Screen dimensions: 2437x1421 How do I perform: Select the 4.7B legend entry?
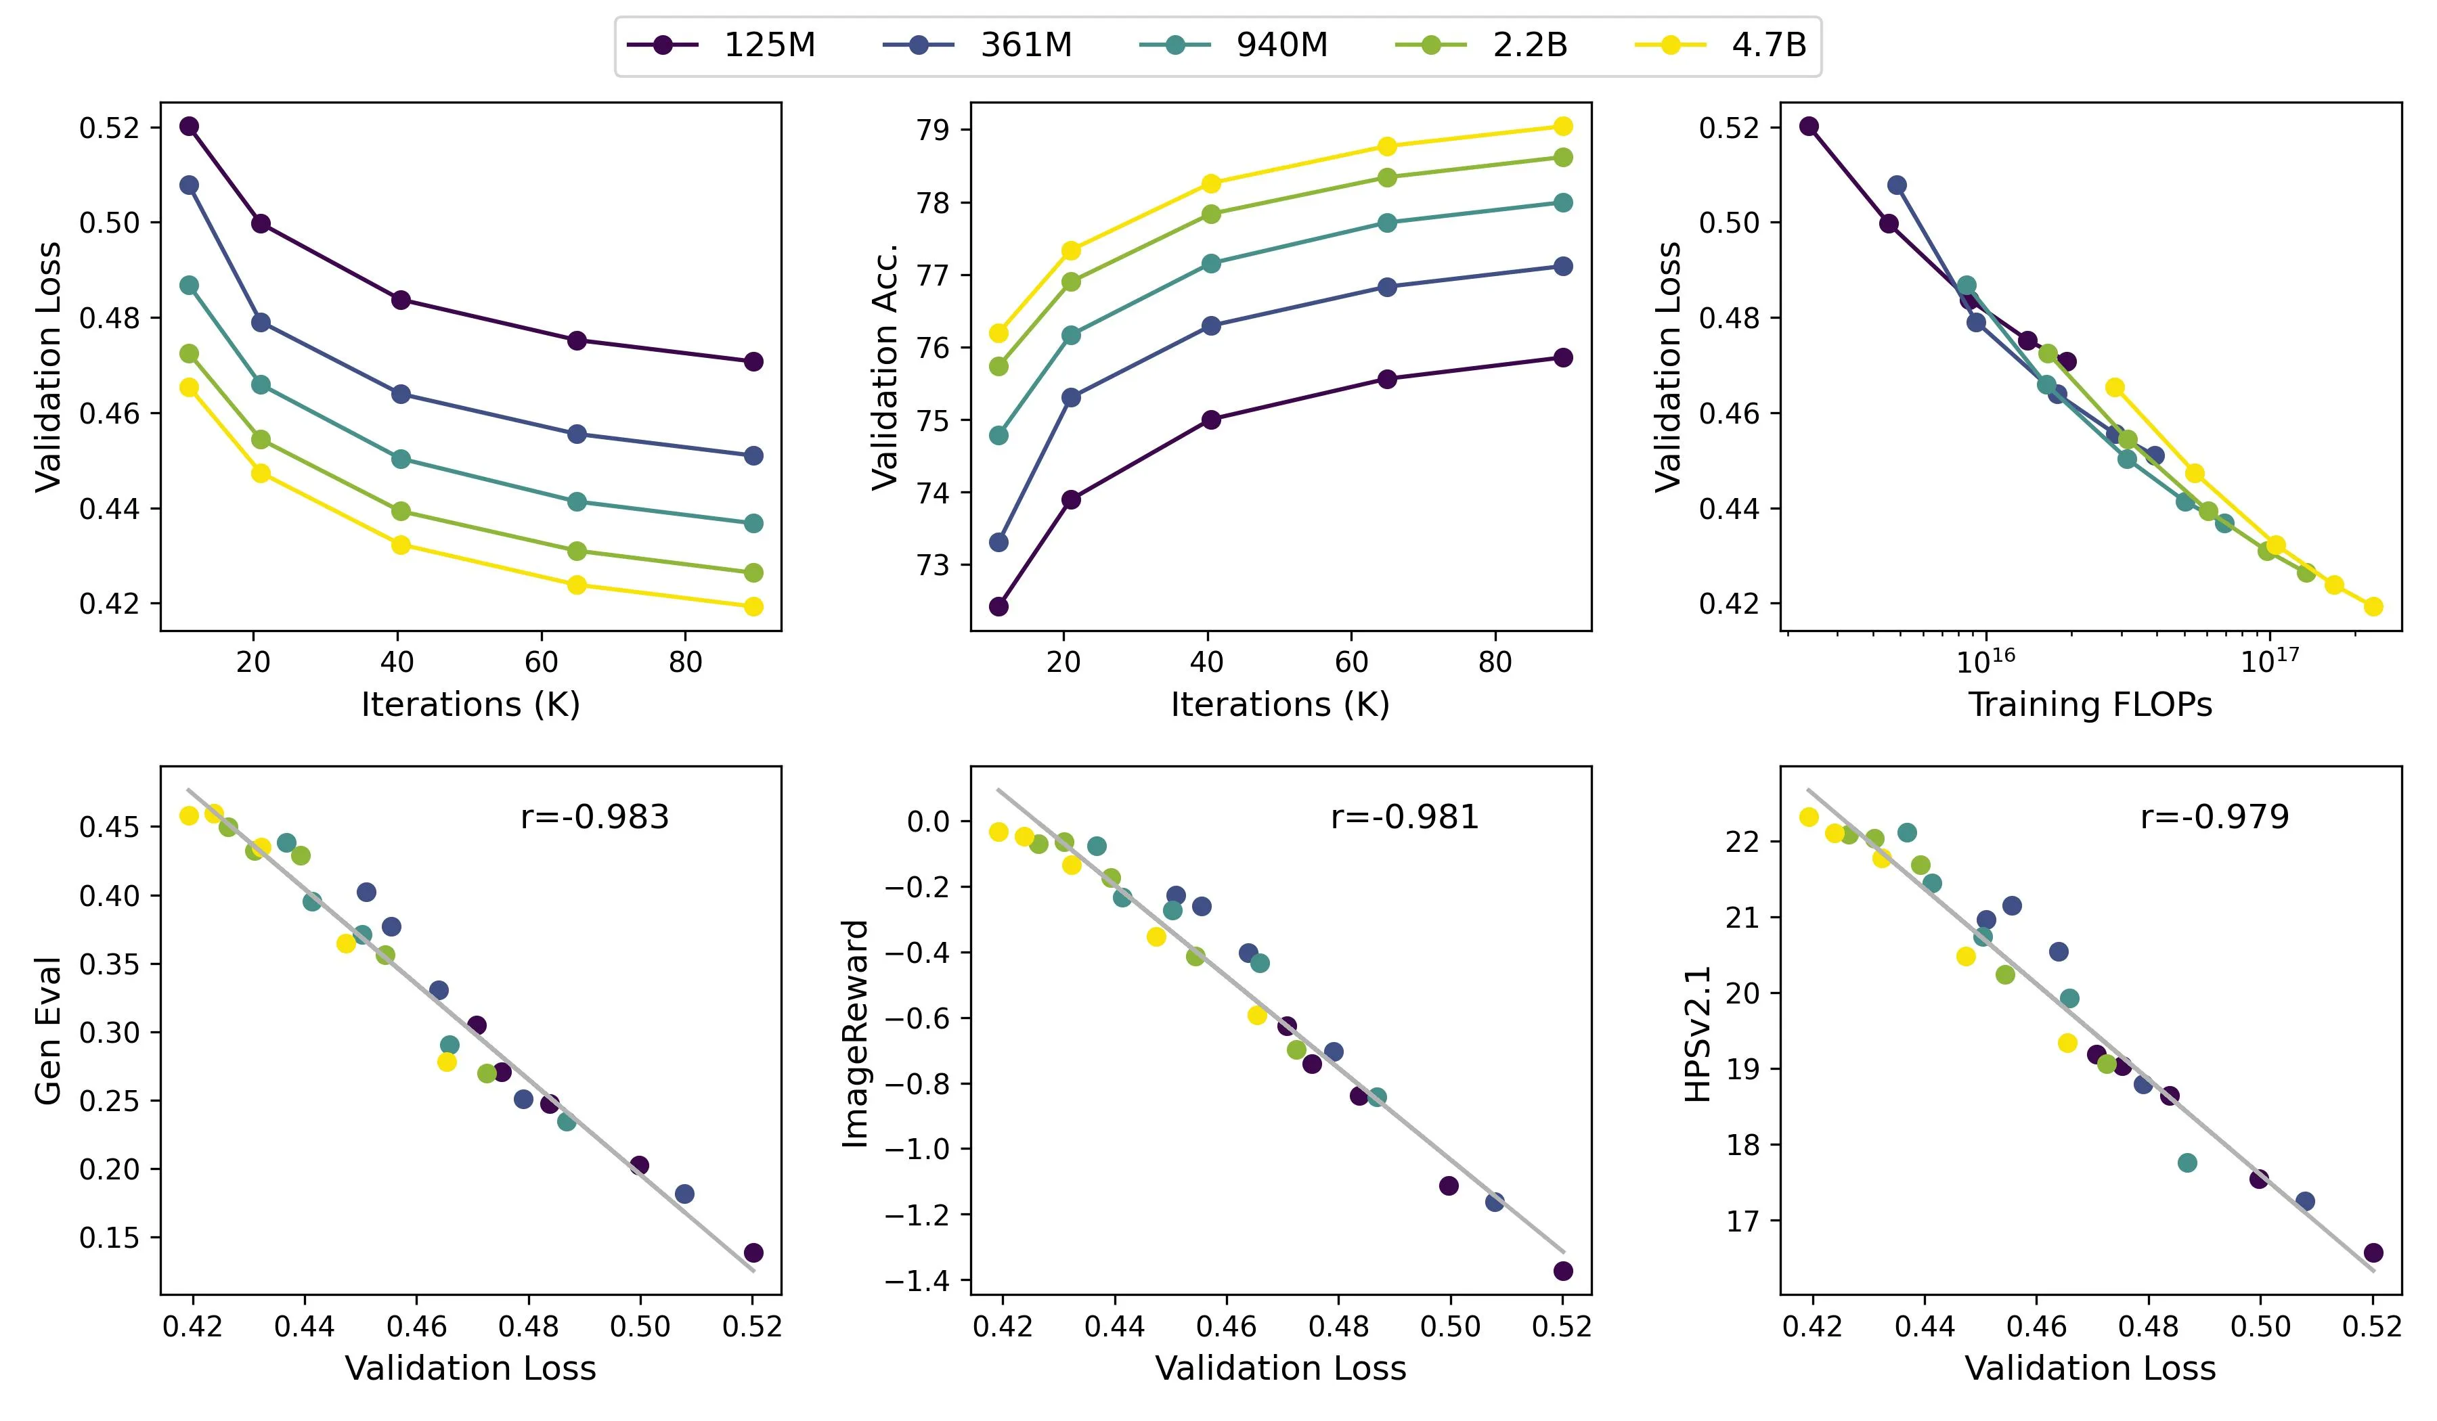(x=1721, y=45)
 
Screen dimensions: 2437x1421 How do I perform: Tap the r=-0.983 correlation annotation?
(x=595, y=818)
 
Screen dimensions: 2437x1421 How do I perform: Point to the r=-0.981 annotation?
(x=1405, y=818)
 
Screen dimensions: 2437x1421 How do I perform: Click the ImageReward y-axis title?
(x=856, y=1033)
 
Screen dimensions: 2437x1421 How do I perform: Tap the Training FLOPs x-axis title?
(x=2091, y=704)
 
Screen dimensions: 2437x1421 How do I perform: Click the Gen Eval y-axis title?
(x=48, y=1031)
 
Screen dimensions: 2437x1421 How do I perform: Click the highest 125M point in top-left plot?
(x=190, y=127)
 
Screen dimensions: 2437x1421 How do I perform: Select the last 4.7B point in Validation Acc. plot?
(x=1563, y=127)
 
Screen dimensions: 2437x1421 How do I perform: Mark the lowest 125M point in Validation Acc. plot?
(x=999, y=607)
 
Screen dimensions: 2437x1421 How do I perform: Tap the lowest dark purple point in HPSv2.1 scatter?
(x=2373, y=1253)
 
